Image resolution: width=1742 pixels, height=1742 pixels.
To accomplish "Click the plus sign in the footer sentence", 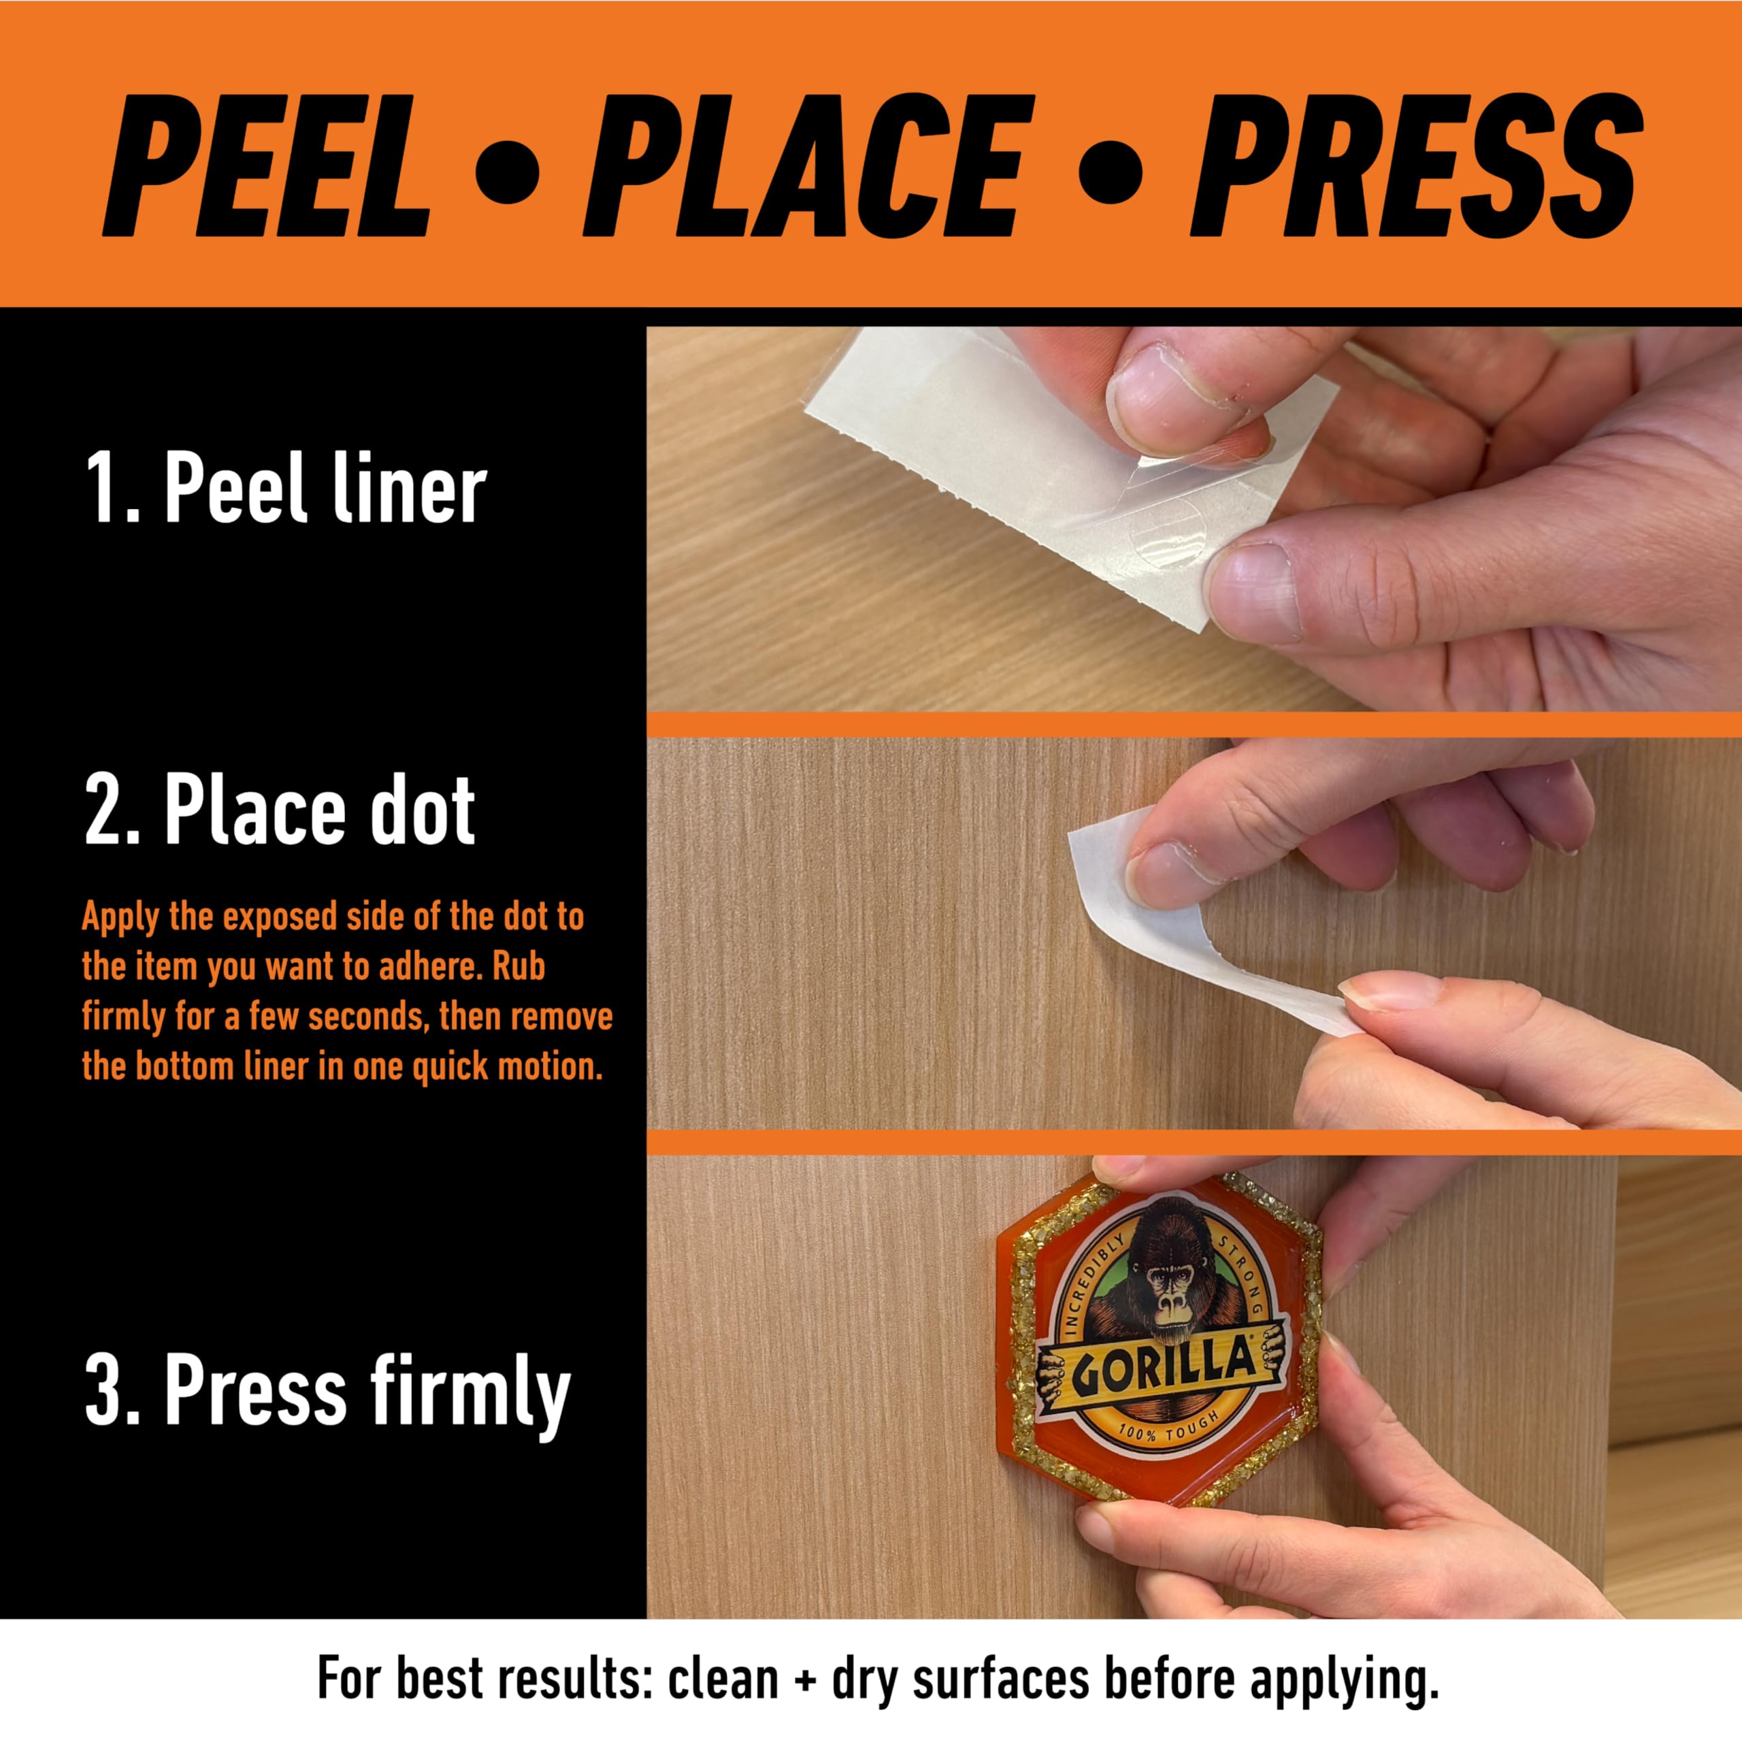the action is [x=798, y=1675].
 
